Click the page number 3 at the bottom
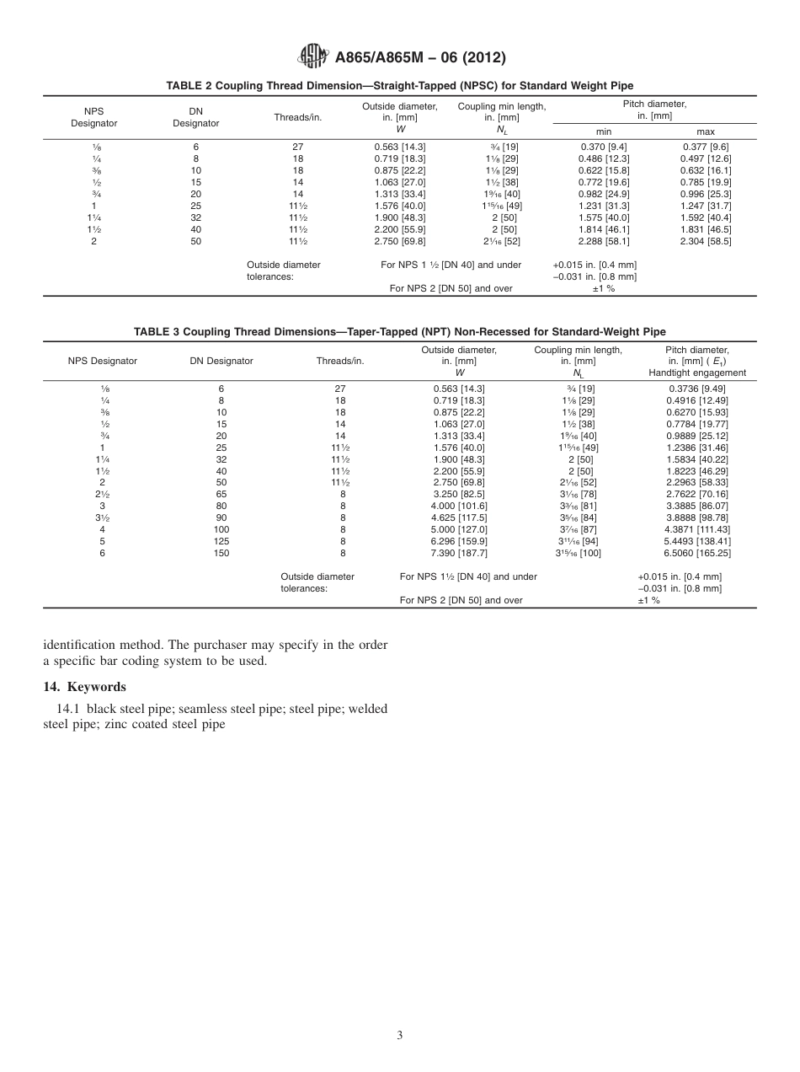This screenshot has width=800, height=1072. click(400, 1035)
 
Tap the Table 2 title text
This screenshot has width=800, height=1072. click(400, 86)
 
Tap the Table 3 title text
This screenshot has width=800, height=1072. click(400, 332)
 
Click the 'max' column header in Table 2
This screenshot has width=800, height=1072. click(706, 131)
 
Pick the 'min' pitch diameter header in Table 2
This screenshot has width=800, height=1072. click(604, 131)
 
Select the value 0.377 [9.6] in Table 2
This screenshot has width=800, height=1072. click(706, 146)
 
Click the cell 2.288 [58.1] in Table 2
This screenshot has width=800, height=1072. click(604, 241)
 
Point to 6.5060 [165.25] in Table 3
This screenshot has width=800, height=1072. click(697, 576)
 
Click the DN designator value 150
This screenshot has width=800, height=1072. click(221, 576)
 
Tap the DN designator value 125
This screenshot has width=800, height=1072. click(221, 565)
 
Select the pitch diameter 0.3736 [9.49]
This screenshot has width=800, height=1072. click(697, 388)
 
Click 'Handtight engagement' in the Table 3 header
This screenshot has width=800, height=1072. click(697, 373)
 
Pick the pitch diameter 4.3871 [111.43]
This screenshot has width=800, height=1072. click(697, 553)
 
